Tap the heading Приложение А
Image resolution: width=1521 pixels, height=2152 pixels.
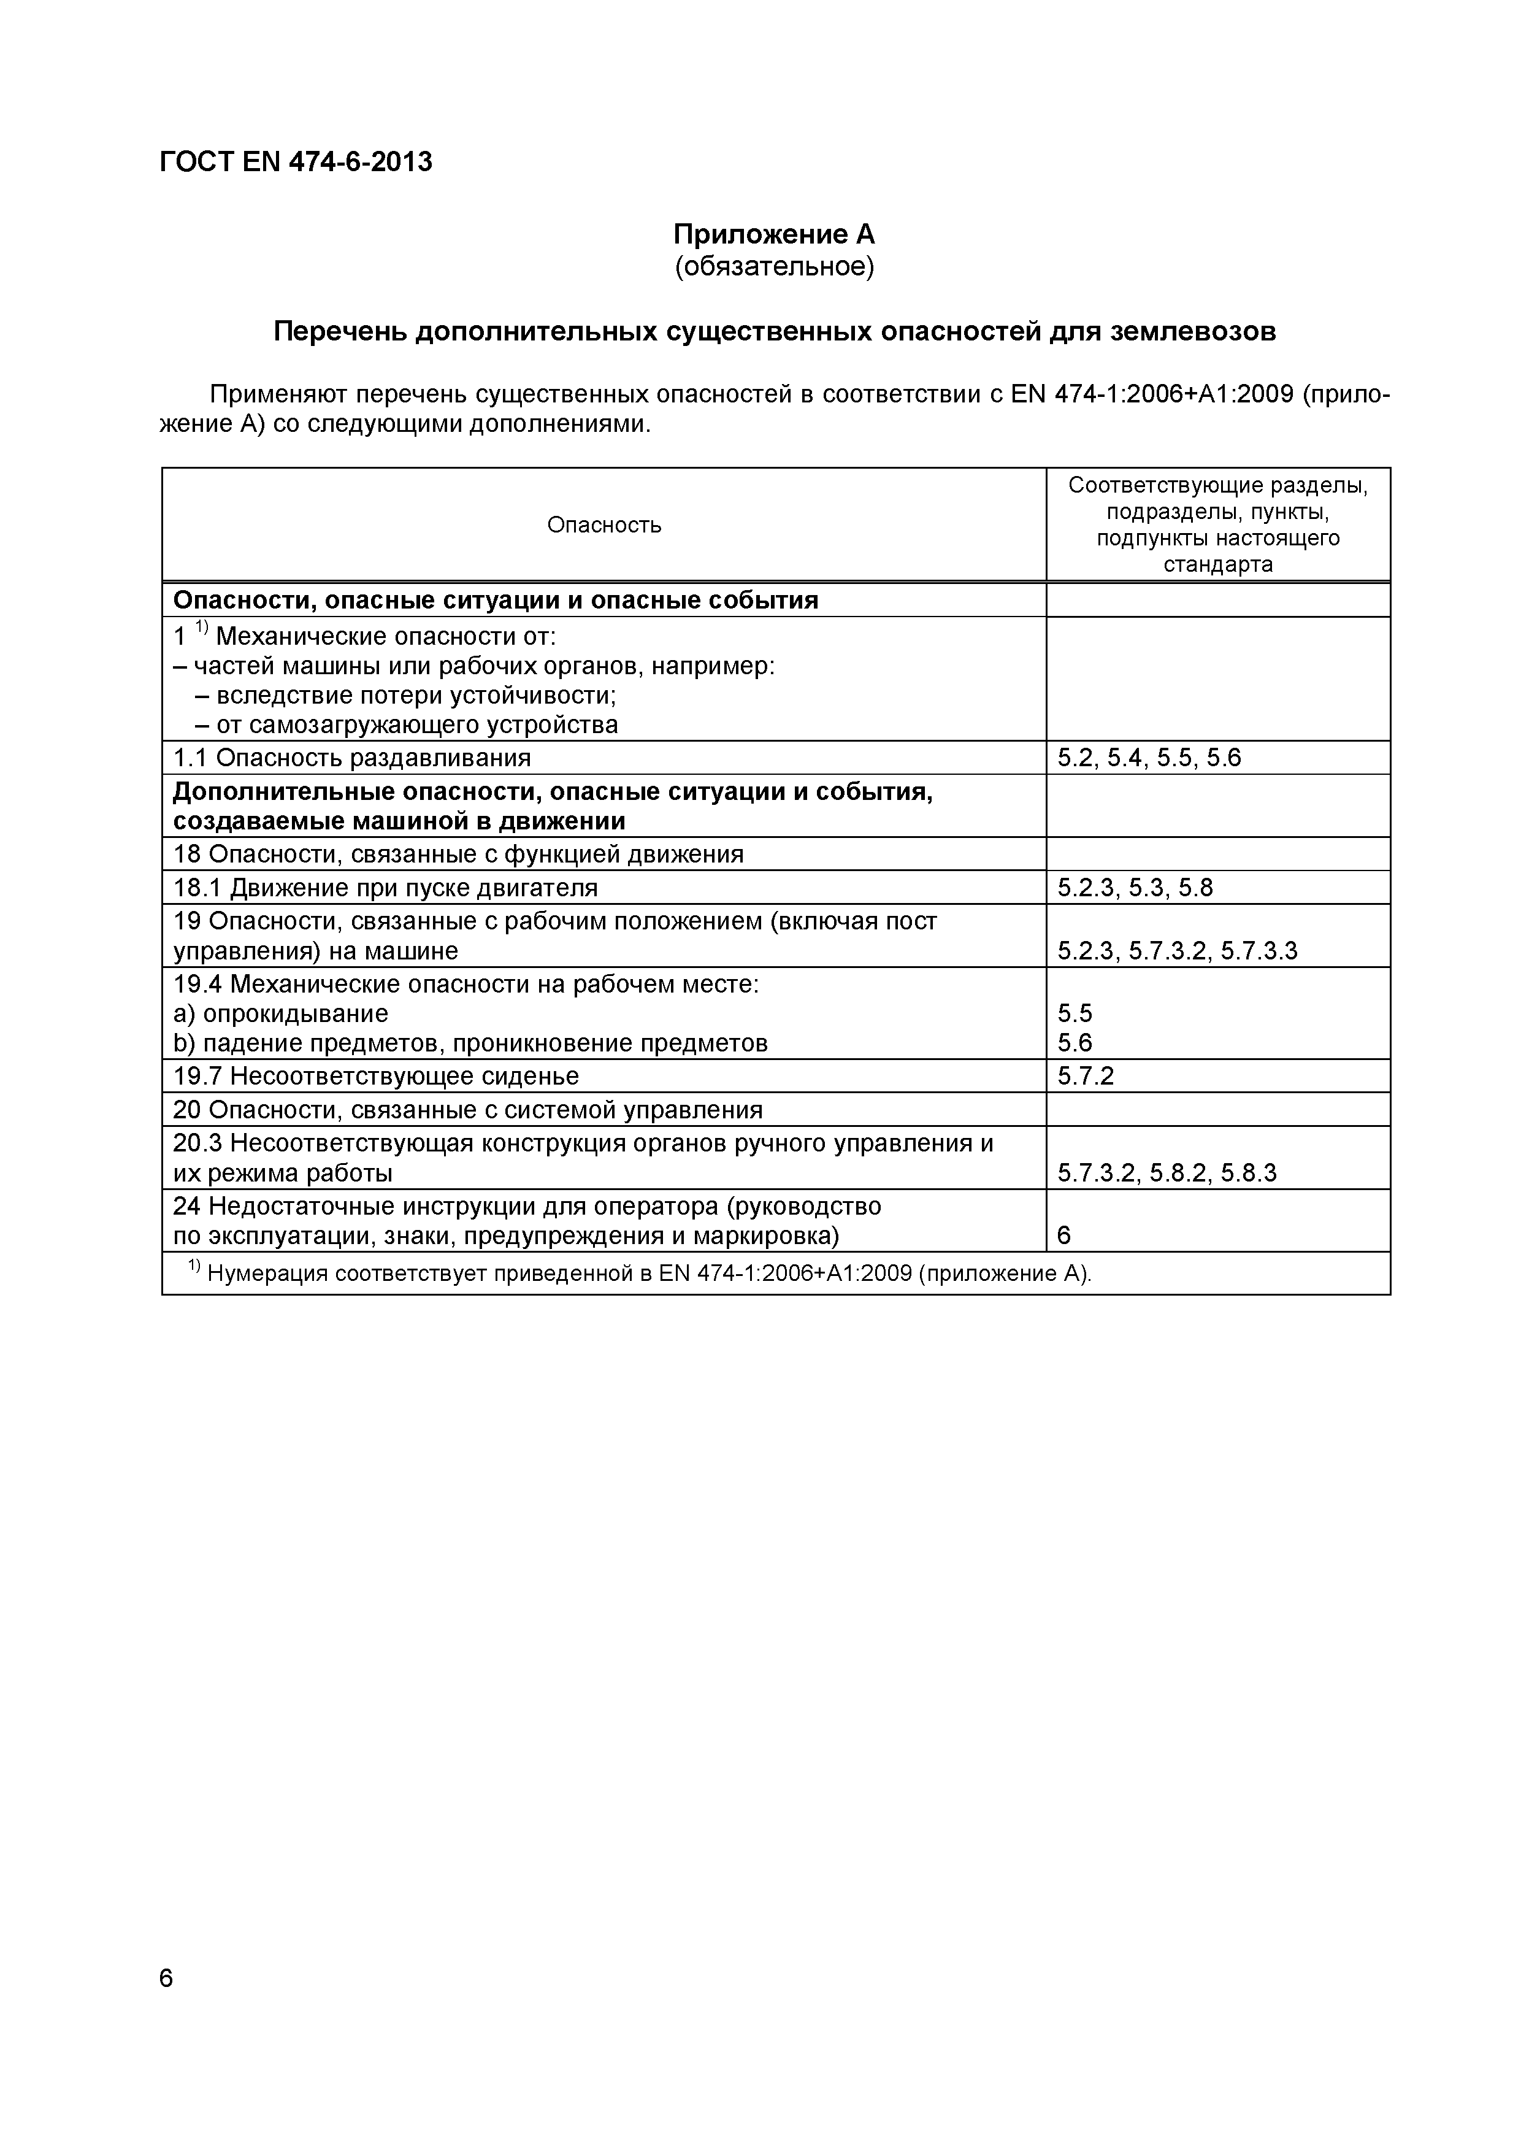(x=774, y=234)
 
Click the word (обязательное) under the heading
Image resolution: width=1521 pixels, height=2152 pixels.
(x=774, y=267)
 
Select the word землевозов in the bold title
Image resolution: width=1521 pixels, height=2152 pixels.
(x=1192, y=332)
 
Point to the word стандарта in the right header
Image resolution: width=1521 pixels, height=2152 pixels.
(x=1217, y=564)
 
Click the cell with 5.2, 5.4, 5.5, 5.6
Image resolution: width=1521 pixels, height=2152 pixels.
(x=1149, y=758)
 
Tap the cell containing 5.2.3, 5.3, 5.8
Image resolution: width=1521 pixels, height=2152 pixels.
(x=1135, y=886)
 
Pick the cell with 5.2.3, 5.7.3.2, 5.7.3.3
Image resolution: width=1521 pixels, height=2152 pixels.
(x=1177, y=951)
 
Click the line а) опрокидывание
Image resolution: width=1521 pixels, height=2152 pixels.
(x=281, y=1013)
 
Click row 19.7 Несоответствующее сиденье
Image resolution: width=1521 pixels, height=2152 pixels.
(x=377, y=1076)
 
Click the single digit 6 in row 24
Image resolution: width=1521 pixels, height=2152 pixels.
(x=1063, y=1236)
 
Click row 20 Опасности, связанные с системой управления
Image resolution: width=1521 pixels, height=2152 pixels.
(x=467, y=1110)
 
